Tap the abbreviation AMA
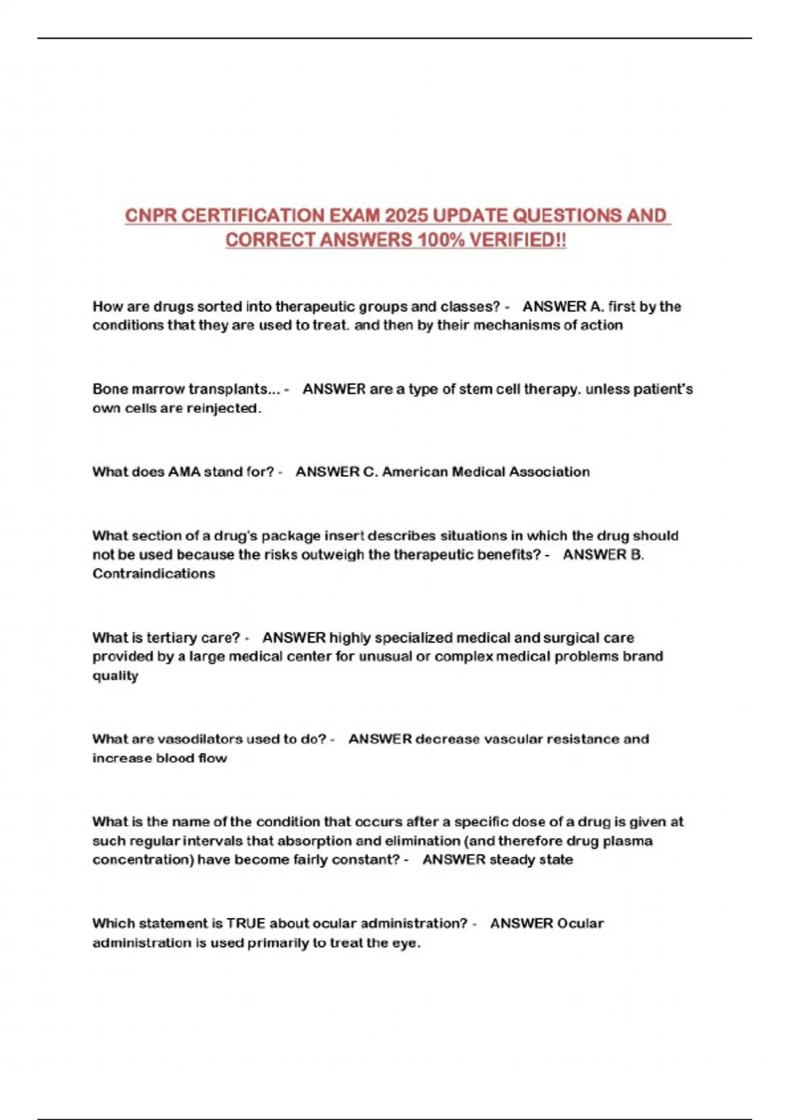click(184, 472)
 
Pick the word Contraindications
click(153, 574)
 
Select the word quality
click(115, 676)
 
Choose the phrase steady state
click(531, 860)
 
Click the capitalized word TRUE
click(246, 924)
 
